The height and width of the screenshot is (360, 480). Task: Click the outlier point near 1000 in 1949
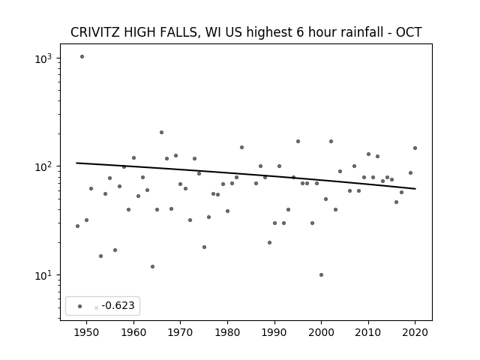[x=82, y=57]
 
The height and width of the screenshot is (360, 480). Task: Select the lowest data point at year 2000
[x=321, y=275]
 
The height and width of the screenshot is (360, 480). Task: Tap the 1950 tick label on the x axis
[x=87, y=332]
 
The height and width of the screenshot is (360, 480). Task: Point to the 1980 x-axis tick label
[x=227, y=332]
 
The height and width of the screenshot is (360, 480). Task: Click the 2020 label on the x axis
[x=415, y=332]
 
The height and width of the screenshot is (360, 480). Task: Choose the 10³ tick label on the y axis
[x=43, y=58]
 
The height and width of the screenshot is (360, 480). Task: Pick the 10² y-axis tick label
[x=43, y=166]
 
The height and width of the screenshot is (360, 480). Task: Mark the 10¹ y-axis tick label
[x=43, y=275]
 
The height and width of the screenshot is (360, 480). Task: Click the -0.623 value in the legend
[x=118, y=305]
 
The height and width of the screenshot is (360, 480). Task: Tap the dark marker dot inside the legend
[x=80, y=306]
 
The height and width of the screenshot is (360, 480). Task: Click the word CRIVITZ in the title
[x=95, y=32]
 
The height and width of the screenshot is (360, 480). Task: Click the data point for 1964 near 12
[x=152, y=267]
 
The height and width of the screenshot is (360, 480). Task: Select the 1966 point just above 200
[x=162, y=132]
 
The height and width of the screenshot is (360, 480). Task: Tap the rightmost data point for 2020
[x=415, y=148]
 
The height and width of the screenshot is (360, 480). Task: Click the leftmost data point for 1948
[x=77, y=226]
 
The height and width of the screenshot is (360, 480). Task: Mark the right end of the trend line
[x=415, y=188]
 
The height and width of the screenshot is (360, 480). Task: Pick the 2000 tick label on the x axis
[x=321, y=332]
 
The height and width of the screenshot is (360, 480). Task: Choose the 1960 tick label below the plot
[x=133, y=332]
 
